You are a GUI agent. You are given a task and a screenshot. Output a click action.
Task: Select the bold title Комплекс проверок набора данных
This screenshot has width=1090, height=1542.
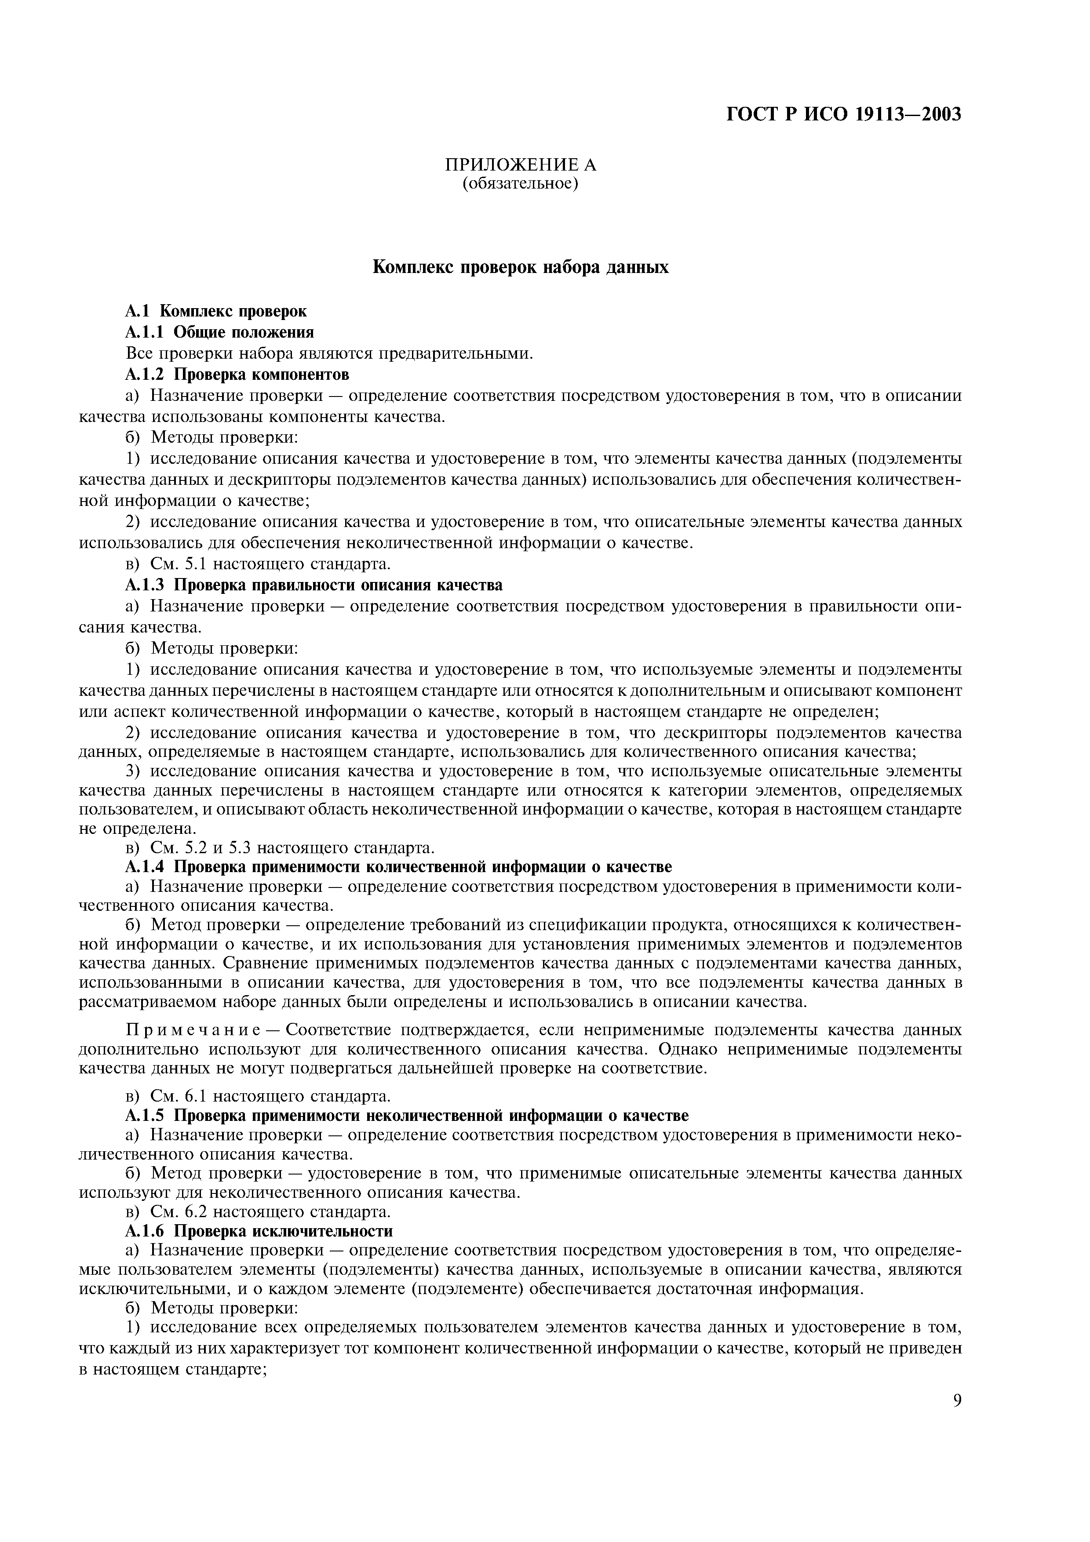pos(521,267)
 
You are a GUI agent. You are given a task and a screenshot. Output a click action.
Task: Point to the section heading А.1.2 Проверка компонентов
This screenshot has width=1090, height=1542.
pos(237,373)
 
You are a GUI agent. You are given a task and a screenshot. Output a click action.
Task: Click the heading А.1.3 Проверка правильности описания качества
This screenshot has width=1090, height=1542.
pos(314,584)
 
